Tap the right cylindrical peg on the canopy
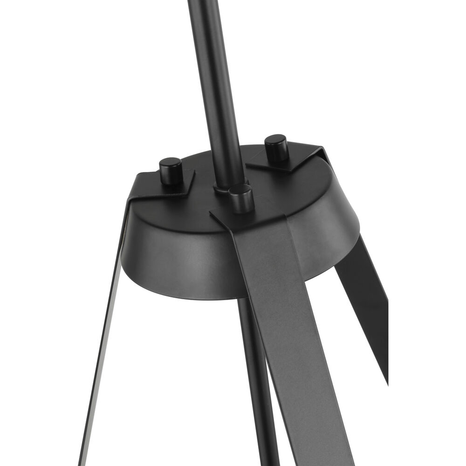point(276,148)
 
